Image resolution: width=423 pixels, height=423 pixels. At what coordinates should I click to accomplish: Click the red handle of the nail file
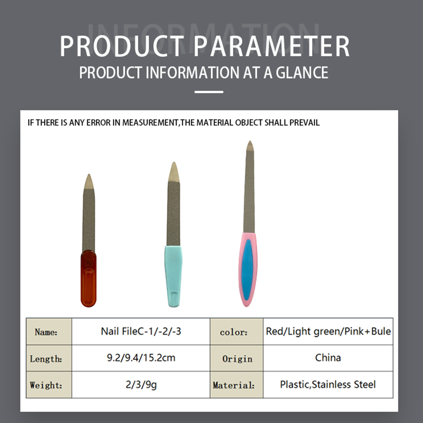click(88, 278)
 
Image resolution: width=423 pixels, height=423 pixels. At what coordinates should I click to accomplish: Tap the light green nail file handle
click(173, 276)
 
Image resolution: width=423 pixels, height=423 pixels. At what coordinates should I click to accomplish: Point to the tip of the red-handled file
click(89, 174)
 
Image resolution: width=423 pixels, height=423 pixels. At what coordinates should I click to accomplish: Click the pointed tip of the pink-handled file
click(250, 141)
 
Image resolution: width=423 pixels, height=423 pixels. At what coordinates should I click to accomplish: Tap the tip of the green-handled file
click(174, 162)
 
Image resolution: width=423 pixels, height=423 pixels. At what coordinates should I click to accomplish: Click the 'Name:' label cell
click(49, 332)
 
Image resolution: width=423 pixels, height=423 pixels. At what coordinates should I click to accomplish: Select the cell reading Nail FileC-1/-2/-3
click(141, 331)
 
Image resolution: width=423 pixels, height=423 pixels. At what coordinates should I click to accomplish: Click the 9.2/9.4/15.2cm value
click(141, 358)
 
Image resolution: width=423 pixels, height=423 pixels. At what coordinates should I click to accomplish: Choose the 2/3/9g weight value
click(141, 385)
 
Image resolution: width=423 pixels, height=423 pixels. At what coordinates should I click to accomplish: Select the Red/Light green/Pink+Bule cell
click(328, 331)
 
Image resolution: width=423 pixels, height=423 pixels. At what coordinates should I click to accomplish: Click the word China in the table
click(328, 358)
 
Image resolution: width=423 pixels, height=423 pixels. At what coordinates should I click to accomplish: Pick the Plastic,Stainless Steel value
click(328, 385)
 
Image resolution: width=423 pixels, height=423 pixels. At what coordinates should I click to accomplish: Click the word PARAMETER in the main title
click(272, 46)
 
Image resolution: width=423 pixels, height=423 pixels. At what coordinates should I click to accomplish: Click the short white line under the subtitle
click(209, 92)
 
